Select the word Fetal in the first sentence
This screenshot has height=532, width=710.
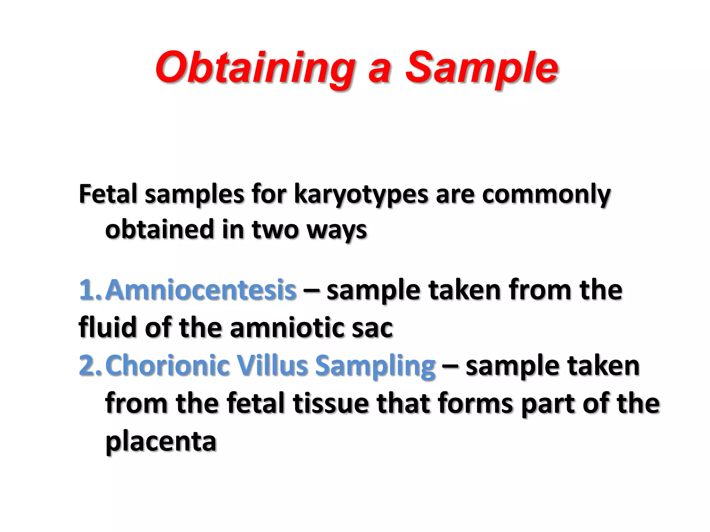(108, 194)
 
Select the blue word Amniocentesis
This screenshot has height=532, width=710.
(201, 290)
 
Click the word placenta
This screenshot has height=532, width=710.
(161, 442)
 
